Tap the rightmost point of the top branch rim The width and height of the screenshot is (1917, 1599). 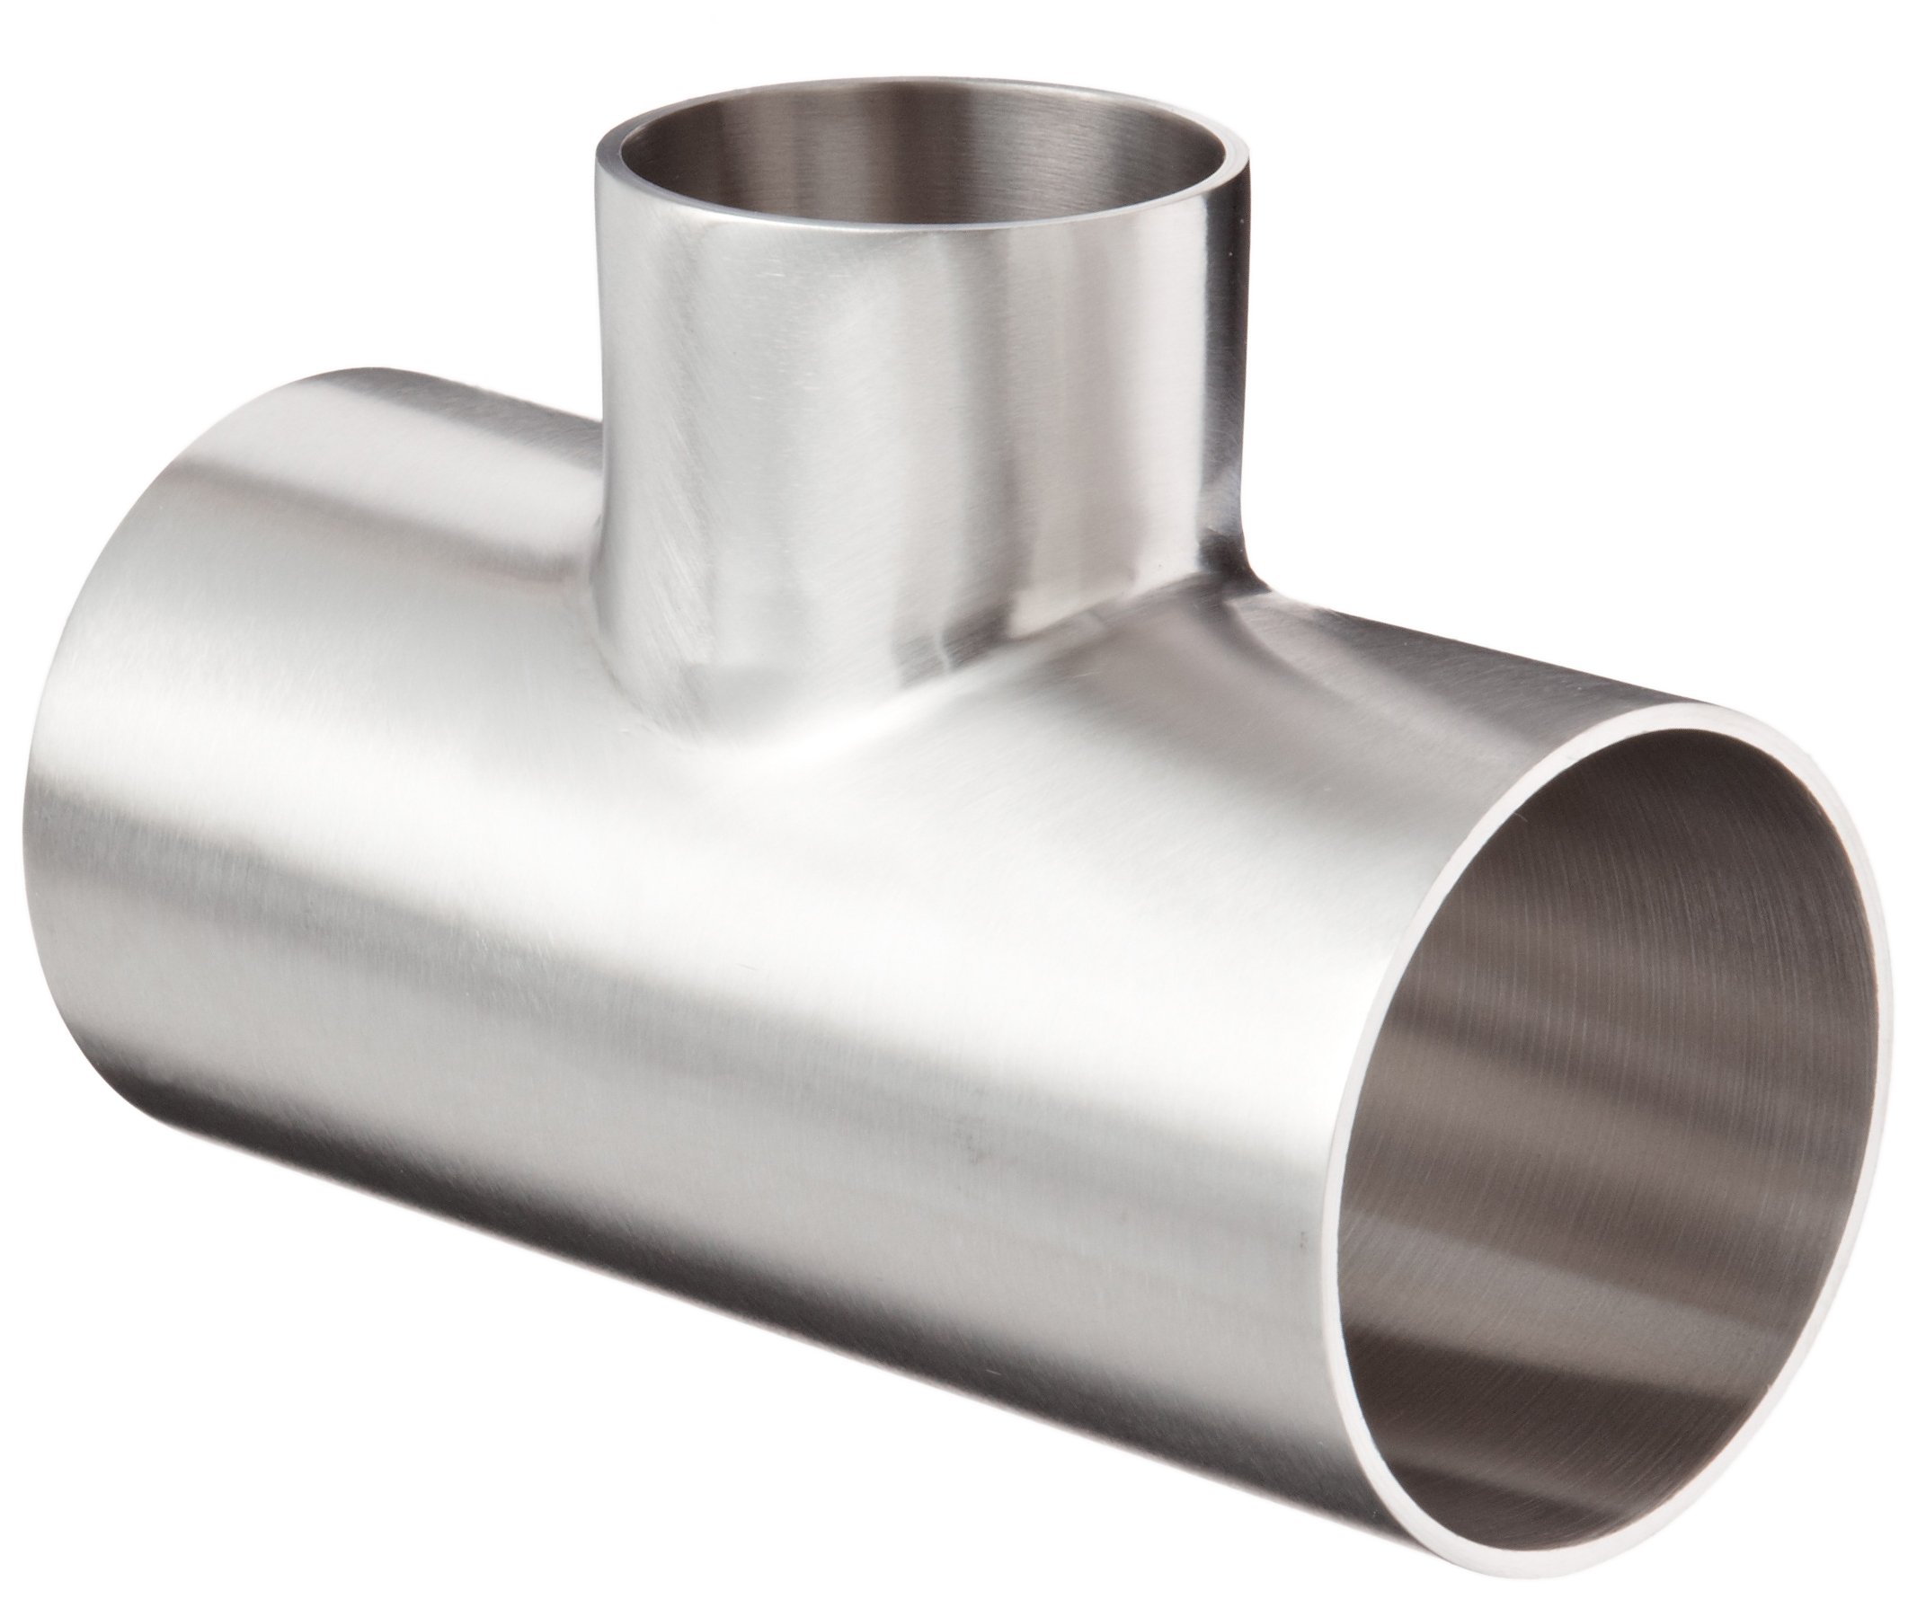pyautogui.click(x=1247, y=146)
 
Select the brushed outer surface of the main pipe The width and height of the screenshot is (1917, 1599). pyautogui.click(x=639, y=1004)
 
